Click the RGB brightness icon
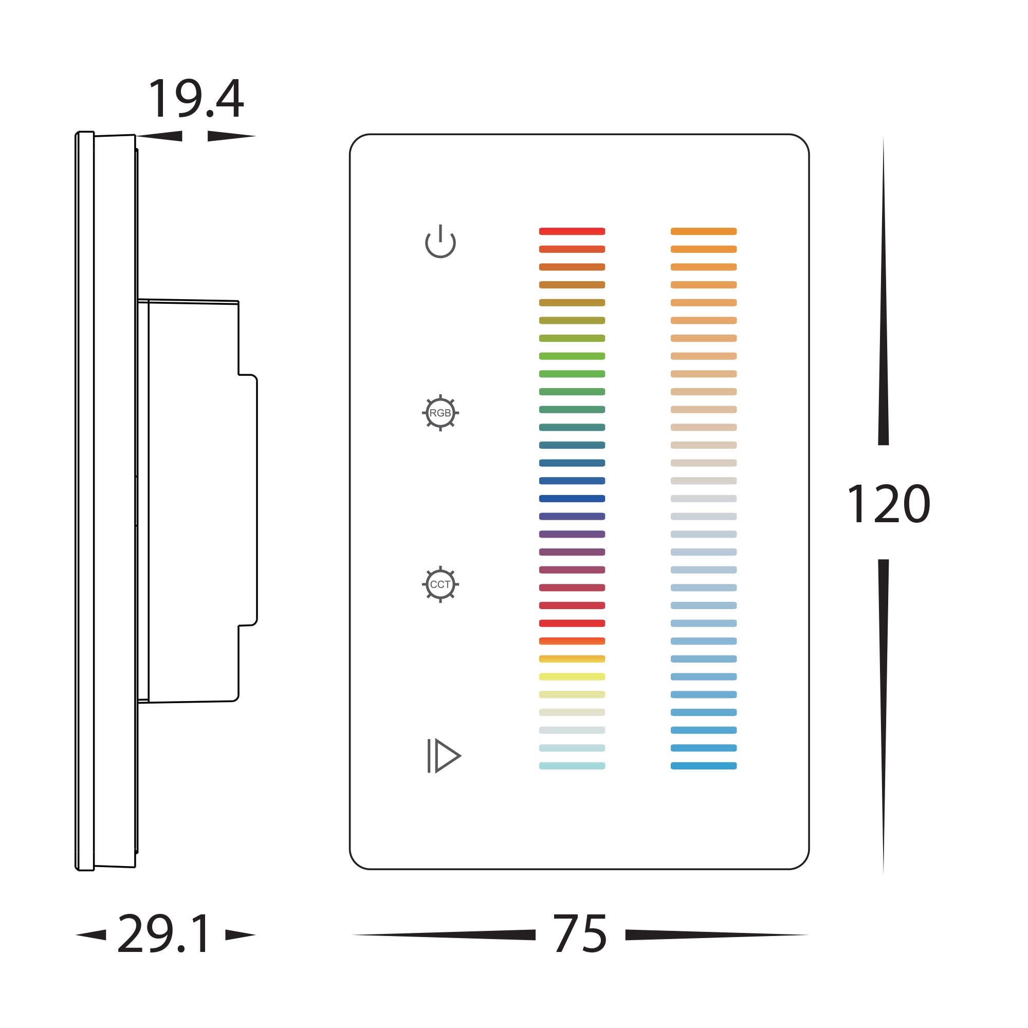coord(440,413)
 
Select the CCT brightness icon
coord(440,584)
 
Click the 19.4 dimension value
coord(196,99)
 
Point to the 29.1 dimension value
coord(164,934)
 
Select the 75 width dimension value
coord(580,934)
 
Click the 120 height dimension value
coord(888,503)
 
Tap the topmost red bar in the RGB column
coord(572,231)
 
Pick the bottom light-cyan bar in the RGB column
coord(572,766)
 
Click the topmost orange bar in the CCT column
coord(704,231)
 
